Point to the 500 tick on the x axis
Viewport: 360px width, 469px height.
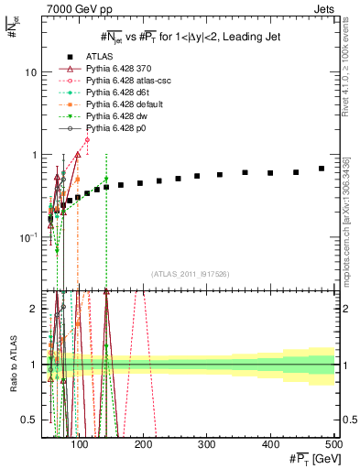click(x=333, y=444)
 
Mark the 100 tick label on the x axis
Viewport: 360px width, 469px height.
click(x=80, y=444)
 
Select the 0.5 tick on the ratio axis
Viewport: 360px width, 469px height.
click(x=32, y=420)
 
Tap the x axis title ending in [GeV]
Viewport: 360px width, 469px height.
click(x=311, y=457)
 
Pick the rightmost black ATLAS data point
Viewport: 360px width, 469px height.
click(x=322, y=169)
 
